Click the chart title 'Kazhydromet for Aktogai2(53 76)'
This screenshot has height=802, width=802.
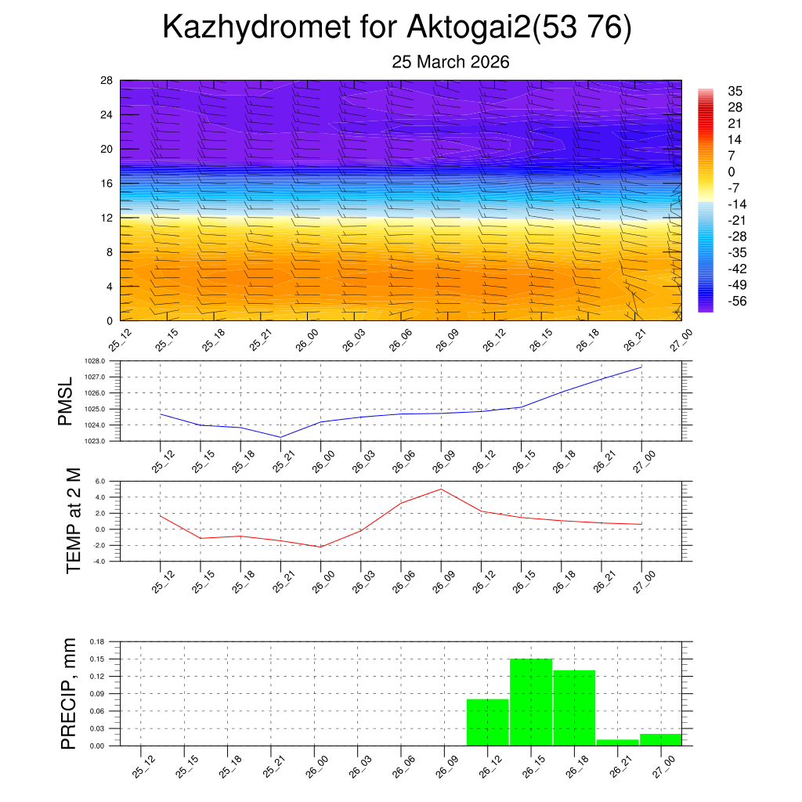396,27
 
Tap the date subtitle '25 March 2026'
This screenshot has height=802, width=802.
450,62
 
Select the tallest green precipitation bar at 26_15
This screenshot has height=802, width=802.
531,702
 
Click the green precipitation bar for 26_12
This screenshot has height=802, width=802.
487,722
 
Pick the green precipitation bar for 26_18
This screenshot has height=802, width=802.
574,708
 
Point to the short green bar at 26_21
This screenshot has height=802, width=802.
617,742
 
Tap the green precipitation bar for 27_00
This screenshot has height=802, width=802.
660,739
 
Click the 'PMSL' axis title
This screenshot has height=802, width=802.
65,401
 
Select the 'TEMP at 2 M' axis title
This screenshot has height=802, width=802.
74,521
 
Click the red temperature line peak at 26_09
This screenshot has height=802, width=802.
441,489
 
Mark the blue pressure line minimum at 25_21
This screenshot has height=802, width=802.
280,437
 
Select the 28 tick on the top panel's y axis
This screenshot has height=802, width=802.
107,81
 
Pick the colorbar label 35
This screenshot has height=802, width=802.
735,91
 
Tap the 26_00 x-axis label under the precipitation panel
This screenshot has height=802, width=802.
316,768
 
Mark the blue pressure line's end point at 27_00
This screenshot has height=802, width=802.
641,367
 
